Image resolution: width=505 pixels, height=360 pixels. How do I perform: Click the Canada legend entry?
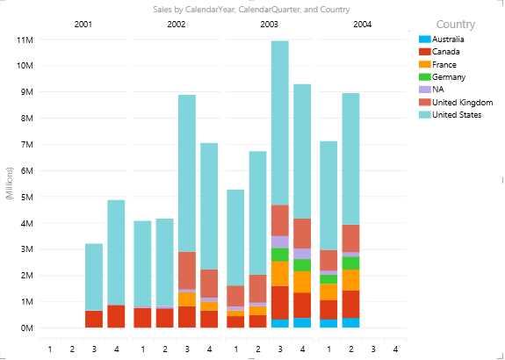(x=444, y=52)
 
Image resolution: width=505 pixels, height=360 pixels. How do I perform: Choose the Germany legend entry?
(x=446, y=76)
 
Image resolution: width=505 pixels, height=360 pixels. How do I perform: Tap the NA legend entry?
(x=437, y=89)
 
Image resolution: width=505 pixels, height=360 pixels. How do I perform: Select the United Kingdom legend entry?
(x=458, y=102)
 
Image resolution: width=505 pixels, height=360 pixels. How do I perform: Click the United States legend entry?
(x=455, y=114)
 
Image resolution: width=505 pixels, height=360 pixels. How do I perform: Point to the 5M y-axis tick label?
(x=25, y=197)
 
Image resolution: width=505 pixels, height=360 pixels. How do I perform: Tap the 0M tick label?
(x=25, y=328)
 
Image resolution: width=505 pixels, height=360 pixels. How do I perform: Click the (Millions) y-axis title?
(x=8, y=184)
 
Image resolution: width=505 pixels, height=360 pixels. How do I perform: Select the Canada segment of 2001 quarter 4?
(x=115, y=316)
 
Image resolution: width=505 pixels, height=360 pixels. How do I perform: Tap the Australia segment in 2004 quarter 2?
(x=350, y=322)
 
